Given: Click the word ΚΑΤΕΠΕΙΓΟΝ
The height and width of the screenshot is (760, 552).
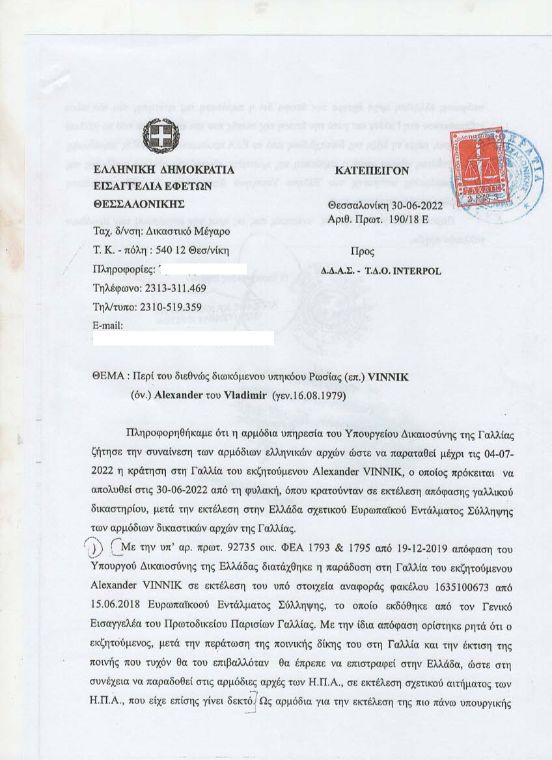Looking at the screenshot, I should point(372,170).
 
